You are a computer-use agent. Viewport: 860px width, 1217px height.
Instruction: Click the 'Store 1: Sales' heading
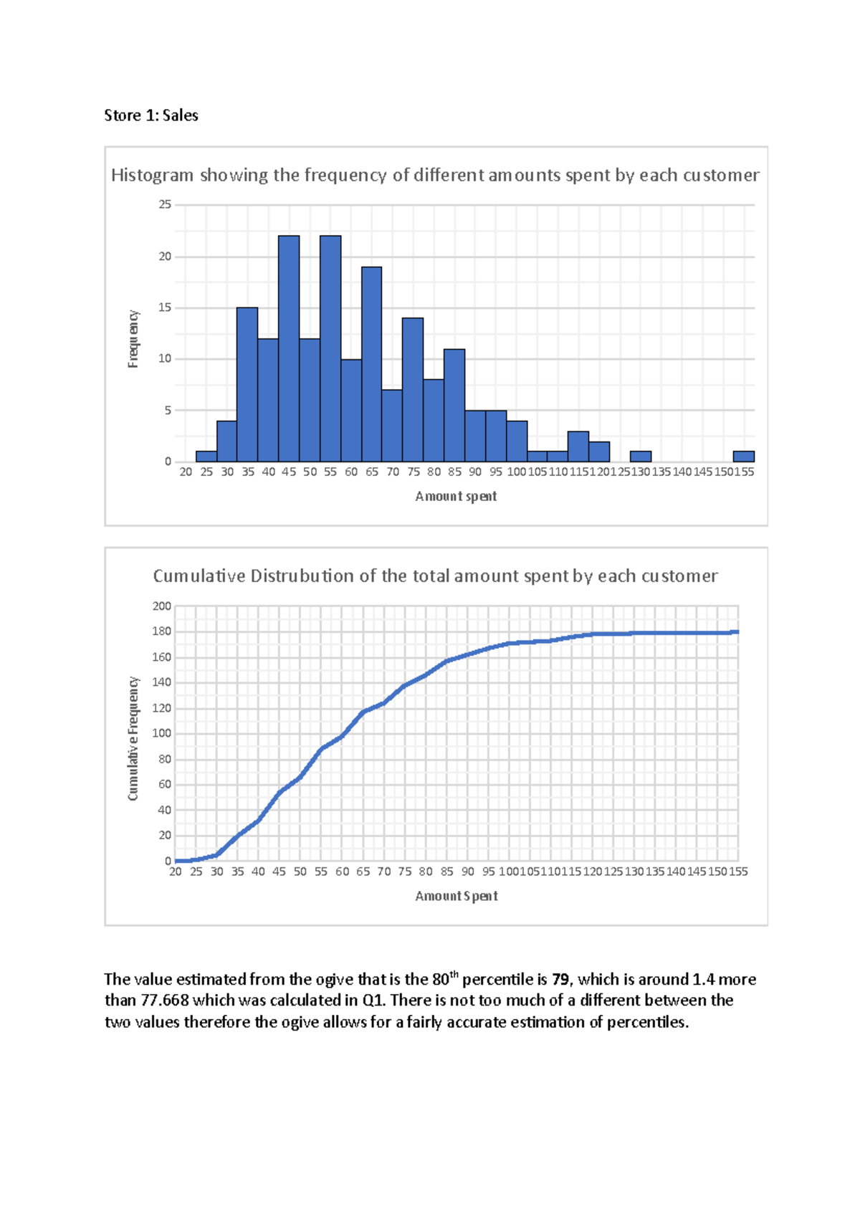coord(150,115)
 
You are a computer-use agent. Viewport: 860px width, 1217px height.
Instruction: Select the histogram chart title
coord(434,175)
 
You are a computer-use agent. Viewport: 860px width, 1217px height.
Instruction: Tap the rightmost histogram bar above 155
coord(743,456)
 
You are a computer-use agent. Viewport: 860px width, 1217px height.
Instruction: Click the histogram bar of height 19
coord(371,364)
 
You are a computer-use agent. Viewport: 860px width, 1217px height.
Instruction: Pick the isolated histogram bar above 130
coord(640,456)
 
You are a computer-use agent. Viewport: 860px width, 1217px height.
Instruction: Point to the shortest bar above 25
coord(206,456)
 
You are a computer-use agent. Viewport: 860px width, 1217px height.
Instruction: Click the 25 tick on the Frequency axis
coord(165,204)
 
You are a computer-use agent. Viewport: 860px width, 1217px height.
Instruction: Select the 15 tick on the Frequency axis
coord(165,307)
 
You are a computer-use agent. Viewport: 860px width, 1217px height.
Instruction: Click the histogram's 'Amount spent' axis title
coord(456,496)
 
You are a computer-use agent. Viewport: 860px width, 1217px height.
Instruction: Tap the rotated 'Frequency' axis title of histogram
coord(133,339)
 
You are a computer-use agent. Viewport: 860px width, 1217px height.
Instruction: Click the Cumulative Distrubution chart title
coord(434,576)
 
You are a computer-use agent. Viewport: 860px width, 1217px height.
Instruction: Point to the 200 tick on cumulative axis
coord(162,606)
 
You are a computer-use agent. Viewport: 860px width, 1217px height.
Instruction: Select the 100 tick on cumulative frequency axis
coord(162,733)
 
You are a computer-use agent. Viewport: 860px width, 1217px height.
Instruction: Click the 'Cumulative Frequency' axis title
coord(133,738)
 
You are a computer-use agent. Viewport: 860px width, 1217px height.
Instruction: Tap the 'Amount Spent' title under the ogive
coord(456,896)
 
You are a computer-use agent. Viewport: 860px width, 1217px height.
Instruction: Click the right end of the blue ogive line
coord(737,632)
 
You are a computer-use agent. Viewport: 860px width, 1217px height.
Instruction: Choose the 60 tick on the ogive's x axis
coord(343,872)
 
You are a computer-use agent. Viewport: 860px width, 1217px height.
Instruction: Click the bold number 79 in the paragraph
coord(560,979)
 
